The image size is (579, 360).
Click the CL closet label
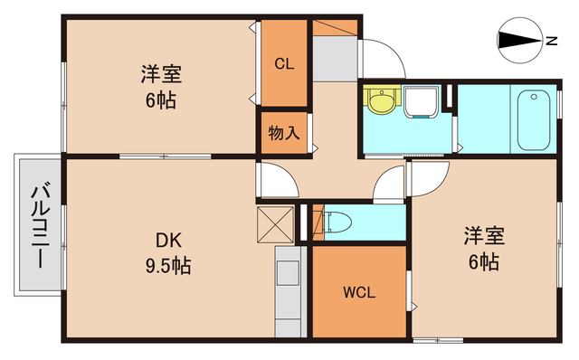point(284,63)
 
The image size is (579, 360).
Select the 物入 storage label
point(284,134)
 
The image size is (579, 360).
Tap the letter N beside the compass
point(551,40)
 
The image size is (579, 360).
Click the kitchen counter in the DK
point(288,294)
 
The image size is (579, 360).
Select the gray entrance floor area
point(336,56)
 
